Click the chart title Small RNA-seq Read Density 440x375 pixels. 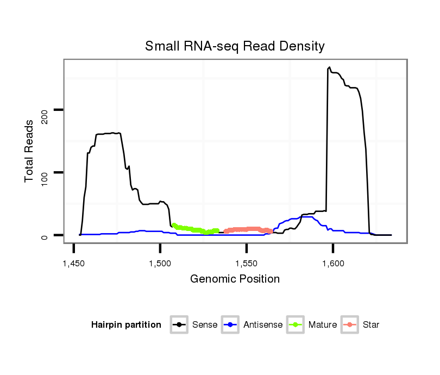point(235,46)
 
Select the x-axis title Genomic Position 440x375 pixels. point(235,279)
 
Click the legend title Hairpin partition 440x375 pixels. point(126,325)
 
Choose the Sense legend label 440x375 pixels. point(205,325)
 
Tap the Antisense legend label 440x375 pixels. point(263,325)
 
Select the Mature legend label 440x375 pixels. point(323,325)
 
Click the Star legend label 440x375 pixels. point(372,325)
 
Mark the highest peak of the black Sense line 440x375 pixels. point(329,68)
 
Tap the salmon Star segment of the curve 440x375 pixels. point(250,229)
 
